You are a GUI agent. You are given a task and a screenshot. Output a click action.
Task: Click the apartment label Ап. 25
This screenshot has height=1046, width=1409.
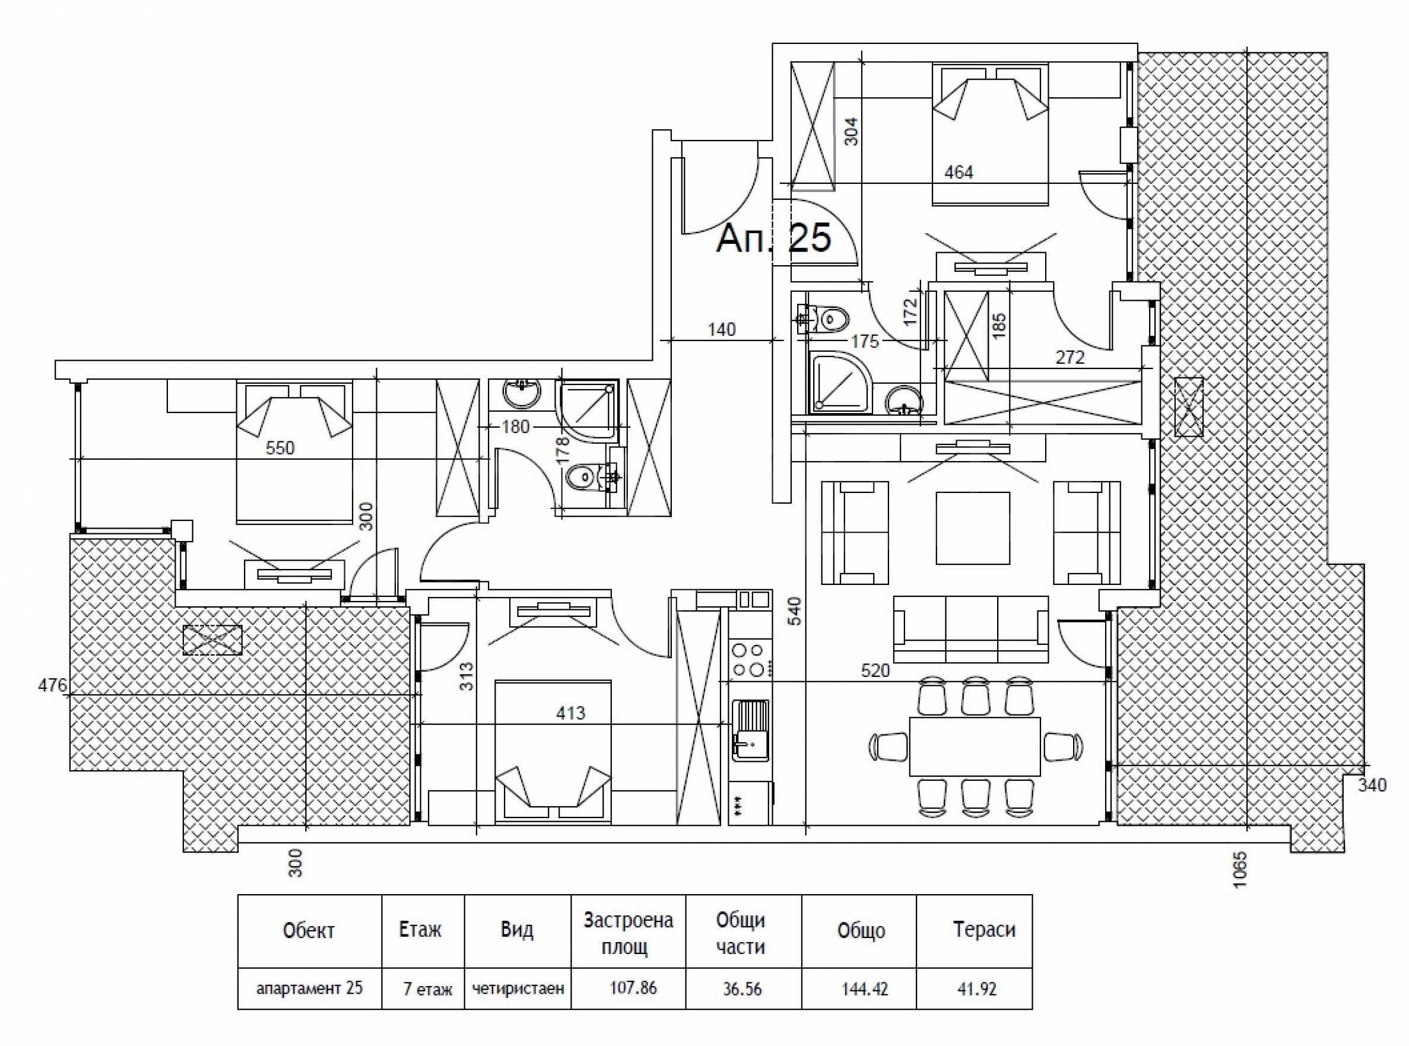(773, 239)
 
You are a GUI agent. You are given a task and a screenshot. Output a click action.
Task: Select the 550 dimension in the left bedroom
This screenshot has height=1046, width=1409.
(280, 449)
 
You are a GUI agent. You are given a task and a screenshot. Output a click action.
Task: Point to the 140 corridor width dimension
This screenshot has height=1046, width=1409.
(722, 330)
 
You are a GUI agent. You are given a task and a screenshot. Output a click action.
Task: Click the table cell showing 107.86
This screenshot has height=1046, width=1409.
(633, 987)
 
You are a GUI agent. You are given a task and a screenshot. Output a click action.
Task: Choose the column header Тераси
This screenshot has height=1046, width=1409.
(984, 930)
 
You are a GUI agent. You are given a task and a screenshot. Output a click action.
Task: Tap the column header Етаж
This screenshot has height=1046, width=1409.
(420, 930)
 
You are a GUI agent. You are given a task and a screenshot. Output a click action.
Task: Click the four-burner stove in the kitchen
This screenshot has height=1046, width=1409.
(749, 660)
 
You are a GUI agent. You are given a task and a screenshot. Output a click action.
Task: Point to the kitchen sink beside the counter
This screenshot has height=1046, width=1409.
(751, 730)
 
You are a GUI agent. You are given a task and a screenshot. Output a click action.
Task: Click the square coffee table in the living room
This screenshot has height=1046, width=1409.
(973, 528)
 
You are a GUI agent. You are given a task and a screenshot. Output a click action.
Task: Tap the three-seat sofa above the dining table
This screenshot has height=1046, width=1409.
(970, 629)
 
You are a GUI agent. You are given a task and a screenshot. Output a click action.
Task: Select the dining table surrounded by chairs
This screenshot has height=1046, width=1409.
(975, 746)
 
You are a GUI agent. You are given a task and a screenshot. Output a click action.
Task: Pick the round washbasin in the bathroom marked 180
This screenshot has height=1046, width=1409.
(522, 393)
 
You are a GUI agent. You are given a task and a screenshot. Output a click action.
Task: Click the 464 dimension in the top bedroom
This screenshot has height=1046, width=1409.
(958, 172)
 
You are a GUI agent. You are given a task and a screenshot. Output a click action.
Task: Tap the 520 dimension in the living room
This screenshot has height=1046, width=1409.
(875, 670)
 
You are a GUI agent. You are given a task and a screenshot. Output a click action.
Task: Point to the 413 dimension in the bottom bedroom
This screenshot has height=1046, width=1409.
(570, 714)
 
